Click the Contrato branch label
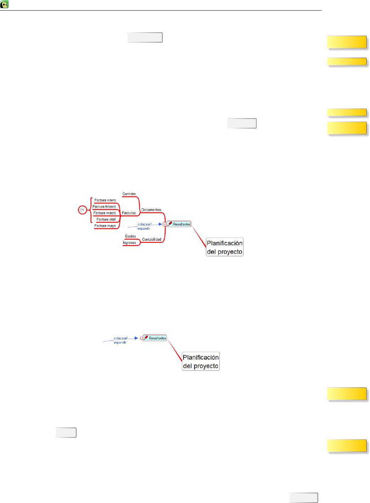point(129,194)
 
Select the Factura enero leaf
point(105,201)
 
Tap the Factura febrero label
point(104,207)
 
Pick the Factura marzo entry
point(105,213)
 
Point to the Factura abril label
point(106,220)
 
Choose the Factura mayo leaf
point(105,226)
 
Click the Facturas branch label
point(129,213)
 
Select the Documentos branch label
point(151,210)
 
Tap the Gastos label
point(130,236)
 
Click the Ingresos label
point(129,243)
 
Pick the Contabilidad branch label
point(152,240)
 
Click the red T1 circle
point(82,211)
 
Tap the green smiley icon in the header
point(5,5)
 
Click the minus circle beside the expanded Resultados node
point(164,224)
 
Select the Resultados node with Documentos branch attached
point(179,224)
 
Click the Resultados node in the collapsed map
point(155,338)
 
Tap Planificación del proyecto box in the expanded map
point(225,247)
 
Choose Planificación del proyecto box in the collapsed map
point(201,362)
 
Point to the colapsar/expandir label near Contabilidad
point(144,226)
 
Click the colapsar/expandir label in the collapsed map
point(120,340)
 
